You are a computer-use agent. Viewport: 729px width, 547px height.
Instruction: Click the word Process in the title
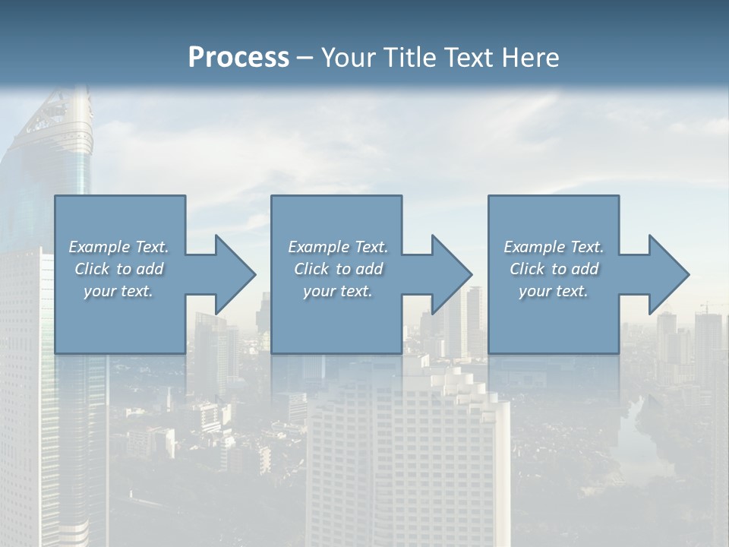click(x=238, y=58)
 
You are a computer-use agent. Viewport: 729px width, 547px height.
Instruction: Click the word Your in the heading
click(x=346, y=58)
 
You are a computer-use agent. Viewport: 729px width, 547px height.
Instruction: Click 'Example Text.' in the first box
click(x=118, y=247)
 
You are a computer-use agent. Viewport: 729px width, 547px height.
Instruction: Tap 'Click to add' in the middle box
click(x=338, y=269)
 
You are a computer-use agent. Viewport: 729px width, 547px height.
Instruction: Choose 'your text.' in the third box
click(x=554, y=291)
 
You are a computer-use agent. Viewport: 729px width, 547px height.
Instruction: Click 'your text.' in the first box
click(x=118, y=291)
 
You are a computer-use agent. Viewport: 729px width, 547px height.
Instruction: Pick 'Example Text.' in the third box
click(x=554, y=247)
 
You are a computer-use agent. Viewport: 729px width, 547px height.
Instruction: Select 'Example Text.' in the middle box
click(x=338, y=247)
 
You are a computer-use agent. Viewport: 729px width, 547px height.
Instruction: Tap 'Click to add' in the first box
click(x=118, y=269)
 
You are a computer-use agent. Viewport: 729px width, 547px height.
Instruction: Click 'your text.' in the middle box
click(x=338, y=291)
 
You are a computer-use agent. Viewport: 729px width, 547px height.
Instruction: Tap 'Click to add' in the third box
click(x=554, y=269)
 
